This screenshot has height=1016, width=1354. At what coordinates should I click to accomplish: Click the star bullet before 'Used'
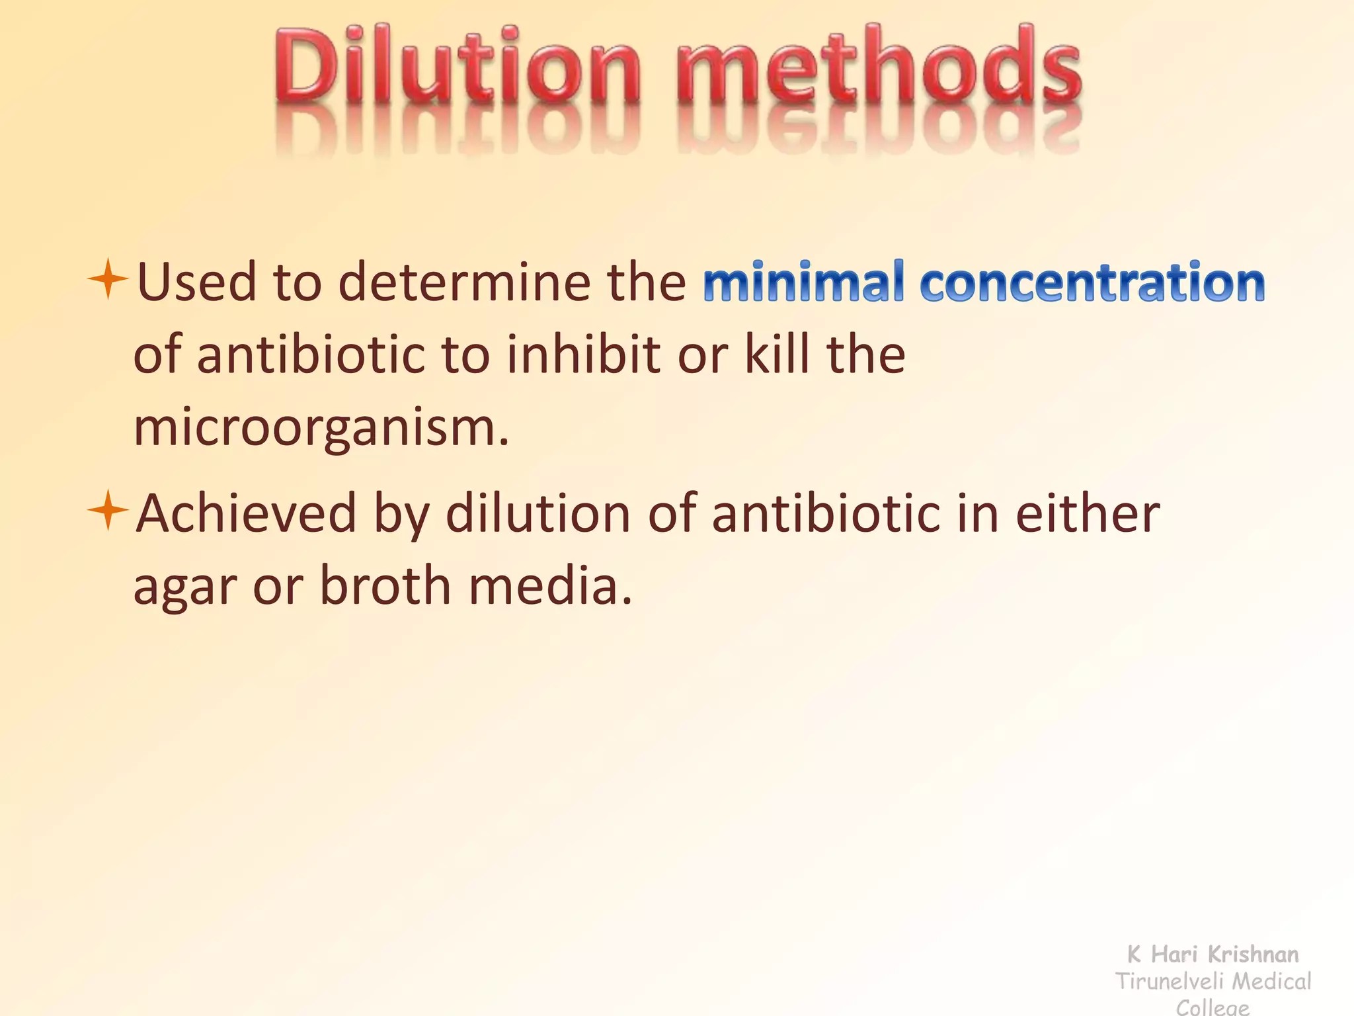coord(108,280)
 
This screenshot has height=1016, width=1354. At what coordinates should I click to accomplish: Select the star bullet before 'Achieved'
coord(108,511)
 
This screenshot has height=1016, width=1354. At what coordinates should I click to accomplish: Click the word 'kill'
coord(776,355)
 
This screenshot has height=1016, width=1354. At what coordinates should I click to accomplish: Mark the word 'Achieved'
coord(246,513)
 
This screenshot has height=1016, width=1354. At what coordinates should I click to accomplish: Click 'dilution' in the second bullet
coord(538,513)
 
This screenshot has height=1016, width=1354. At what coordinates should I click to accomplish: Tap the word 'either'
coord(1088,513)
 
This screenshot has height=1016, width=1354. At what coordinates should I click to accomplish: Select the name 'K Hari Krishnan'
coord(1213,954)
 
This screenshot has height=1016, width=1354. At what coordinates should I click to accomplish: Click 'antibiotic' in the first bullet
coord(311,355)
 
